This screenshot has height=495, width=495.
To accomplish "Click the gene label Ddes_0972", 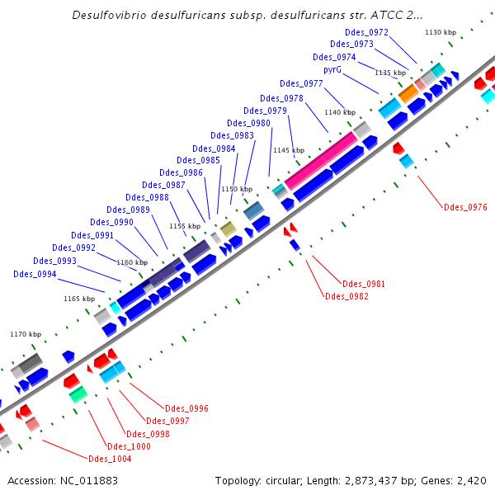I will coord(367,33).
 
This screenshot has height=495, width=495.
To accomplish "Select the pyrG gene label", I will coord(332,70).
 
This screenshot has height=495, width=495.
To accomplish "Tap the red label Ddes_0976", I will coord(465,207).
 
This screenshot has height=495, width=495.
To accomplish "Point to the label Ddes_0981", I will coord(364,284).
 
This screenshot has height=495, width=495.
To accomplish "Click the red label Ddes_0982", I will coord(346,296).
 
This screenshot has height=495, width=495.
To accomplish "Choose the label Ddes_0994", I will coord(35,274).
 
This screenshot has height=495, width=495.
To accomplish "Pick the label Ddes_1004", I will coord(110,459).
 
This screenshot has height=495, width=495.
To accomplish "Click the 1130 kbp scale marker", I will coord(441,32).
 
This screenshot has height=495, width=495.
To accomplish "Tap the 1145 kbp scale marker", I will coord(289,151).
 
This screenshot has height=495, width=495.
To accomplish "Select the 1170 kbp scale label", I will coord(26,334).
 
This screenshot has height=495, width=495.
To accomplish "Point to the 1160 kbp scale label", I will coord(131,262).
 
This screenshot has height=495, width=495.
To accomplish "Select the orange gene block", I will coord(408,93).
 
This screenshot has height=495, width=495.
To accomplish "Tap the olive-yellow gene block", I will coord(229,229).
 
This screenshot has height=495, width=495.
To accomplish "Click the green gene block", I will coord(78,396).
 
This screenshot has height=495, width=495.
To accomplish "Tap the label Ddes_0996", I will coord(186,408).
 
